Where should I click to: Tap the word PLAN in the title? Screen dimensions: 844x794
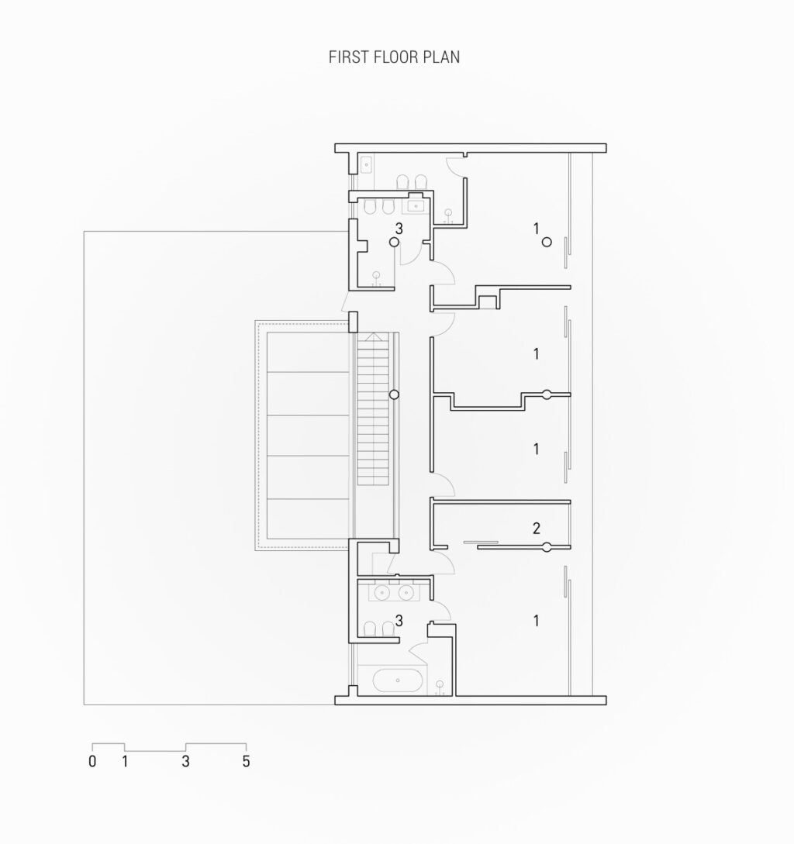pos(441,57)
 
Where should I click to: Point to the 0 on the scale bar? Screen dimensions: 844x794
pos(92,761)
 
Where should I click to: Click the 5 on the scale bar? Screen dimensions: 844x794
pos(246,761)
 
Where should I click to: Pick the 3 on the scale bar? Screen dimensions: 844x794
pos(185,761)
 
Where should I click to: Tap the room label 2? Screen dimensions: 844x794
pos(536,529)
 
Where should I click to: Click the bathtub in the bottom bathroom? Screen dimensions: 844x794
pos(398,681)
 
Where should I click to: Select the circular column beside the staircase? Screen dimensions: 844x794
pos(394,394)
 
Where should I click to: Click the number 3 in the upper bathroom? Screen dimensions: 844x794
pos(399,229)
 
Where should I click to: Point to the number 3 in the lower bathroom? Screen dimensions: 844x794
pos(399,620)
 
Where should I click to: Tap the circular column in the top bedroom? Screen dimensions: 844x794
pos(547,242)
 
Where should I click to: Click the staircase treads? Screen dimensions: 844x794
pos(371,411)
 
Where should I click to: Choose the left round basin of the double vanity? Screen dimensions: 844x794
pos(381,593)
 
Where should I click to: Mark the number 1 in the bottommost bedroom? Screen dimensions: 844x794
pos(536,620)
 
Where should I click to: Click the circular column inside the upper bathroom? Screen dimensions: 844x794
pos(394,242)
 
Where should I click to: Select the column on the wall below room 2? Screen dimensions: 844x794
pos(547,548)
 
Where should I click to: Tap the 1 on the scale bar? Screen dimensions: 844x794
pos(124,761)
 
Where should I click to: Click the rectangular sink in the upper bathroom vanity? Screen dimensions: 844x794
pos(412,206)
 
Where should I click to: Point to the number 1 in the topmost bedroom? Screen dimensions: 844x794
pos(536,228)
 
